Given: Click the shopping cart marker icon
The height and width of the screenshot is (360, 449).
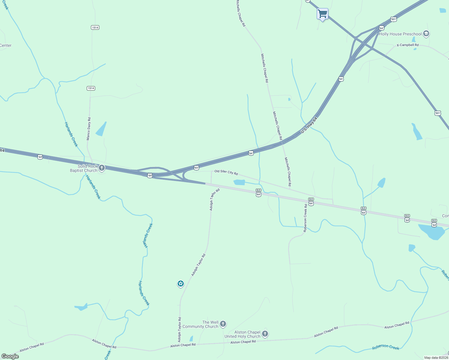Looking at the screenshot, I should click(322, 13).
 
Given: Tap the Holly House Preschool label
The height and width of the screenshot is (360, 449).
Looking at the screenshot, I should click(400, 34).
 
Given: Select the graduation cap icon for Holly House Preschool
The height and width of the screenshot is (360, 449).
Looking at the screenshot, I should click(426, 34).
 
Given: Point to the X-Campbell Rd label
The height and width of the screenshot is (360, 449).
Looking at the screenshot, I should click(407, 45).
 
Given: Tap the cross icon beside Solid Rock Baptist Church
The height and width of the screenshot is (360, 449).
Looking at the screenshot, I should click(102, 168).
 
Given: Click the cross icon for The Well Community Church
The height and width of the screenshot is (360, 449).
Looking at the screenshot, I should click(223, 324).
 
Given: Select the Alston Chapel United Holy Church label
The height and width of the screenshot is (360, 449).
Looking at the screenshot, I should click(243, 334).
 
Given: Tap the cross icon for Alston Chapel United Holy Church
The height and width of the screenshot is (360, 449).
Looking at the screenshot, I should click(265, 334).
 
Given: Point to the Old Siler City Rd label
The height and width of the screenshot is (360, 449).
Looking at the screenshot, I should click(226, 172).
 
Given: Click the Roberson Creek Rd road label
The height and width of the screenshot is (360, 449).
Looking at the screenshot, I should click(305, 218).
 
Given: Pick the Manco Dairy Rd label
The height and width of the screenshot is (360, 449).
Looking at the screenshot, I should click(89, 129).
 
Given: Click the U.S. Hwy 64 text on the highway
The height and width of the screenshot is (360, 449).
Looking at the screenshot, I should click(309, 125).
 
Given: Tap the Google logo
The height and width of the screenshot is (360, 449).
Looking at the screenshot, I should click(10, 356).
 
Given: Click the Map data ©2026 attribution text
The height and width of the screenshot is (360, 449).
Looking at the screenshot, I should click(436, 358).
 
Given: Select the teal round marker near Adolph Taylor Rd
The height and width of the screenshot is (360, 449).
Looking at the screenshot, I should click(180, 283).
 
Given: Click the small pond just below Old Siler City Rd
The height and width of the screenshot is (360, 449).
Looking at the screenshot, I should click(239, 182).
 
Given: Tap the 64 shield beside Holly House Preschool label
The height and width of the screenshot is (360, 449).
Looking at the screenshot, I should click(381, 28).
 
